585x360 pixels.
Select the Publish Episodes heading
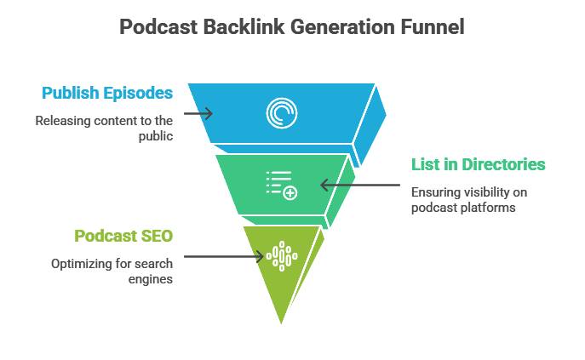(x=108, y=92)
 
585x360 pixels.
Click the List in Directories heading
(x=479, y=164)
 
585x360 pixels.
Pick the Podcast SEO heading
(x=124, y=235)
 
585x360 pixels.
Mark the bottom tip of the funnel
(x=280, y=325)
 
